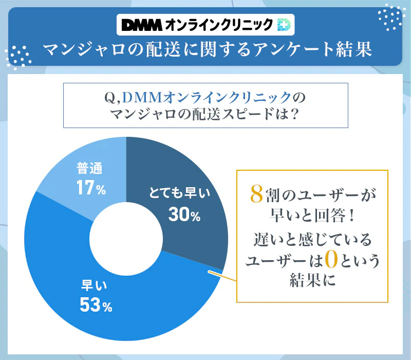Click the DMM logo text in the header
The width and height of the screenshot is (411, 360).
click(141, 24)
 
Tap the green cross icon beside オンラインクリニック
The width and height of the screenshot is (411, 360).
click(284, 24)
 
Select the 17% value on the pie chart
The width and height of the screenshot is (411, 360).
click(91, 189)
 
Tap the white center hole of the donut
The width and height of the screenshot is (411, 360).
click(126, 239)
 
